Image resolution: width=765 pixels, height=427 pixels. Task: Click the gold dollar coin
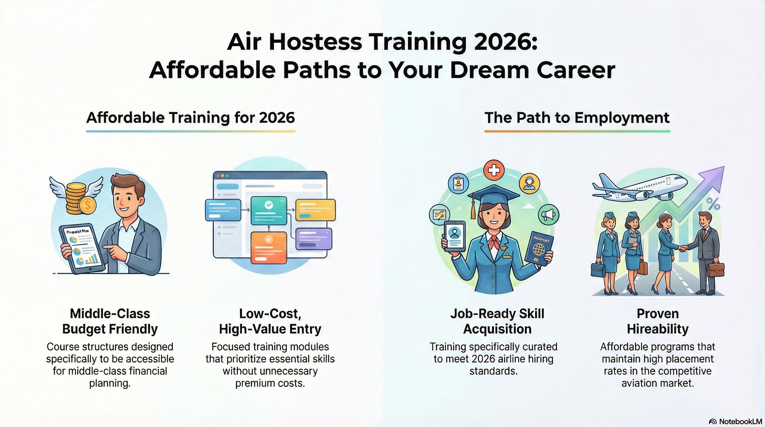point(88,205)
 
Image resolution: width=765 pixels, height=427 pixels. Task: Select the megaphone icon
point(548,214)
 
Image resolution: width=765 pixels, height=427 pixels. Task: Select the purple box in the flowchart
point(314,239)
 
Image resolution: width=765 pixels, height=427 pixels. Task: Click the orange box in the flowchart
point(269,247)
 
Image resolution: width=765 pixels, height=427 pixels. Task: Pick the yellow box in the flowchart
point(316,210)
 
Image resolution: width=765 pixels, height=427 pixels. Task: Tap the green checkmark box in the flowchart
point(269,210)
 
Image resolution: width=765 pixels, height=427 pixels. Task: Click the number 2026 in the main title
point(505,42)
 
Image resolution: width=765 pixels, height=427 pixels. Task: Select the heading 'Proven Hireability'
point(657,321)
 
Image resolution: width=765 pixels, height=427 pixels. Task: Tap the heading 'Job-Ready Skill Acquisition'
point(497,321)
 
